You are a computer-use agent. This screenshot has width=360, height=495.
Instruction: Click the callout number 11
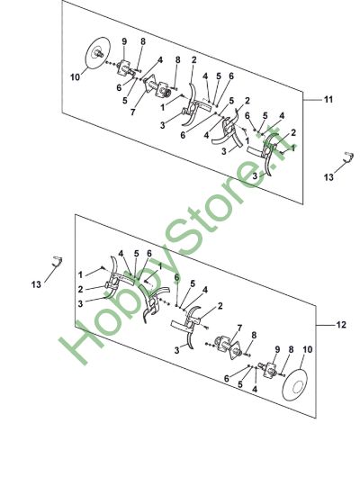tap(328, 99)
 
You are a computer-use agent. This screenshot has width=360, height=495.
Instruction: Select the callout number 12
tap(341, 325)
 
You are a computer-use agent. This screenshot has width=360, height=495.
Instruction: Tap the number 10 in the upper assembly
tap(76, 77)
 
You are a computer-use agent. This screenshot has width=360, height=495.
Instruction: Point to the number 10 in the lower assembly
tap(307, 349)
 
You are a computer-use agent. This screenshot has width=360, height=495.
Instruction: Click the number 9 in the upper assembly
tap(124, 41)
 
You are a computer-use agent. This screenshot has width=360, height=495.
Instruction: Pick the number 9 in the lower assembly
tap(277, 349)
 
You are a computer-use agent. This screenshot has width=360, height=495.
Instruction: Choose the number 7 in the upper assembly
tap(132, 112)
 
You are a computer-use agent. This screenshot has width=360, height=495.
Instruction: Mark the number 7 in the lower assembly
tap(239, 328)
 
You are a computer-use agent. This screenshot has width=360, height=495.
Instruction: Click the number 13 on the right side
tap(328, 177)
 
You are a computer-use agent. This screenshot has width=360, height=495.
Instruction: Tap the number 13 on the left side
tap(36, 284)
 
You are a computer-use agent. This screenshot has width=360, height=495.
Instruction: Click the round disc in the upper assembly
tap(97, 53)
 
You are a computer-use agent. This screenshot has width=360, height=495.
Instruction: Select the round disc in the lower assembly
tap(294, 385)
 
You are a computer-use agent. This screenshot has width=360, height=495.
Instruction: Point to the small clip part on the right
tap(348, 157)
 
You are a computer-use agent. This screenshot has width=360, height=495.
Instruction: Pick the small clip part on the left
tap(58, 261)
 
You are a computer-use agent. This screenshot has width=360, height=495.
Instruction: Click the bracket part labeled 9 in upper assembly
tap(124, 67)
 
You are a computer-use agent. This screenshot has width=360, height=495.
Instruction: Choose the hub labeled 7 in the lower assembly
tap(229, 346)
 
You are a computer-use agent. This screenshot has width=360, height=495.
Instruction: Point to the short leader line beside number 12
tap(325, 325)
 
